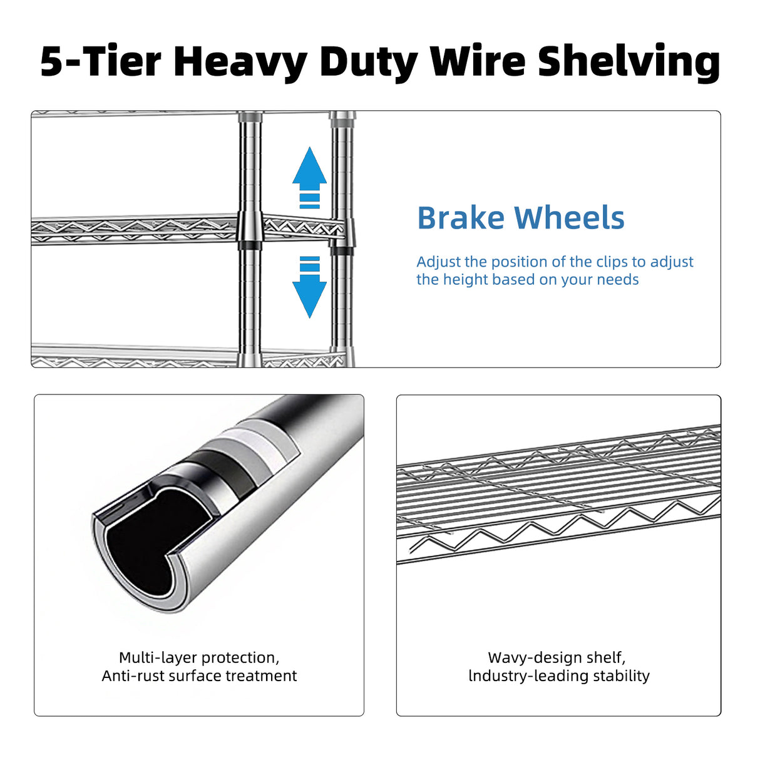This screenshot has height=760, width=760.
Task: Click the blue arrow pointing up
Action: click(309, 177)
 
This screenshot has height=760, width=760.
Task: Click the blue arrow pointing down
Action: click(309, 287)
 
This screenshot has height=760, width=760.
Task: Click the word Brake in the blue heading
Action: click(461, 217)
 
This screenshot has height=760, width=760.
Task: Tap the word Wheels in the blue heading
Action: click(569, 217)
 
